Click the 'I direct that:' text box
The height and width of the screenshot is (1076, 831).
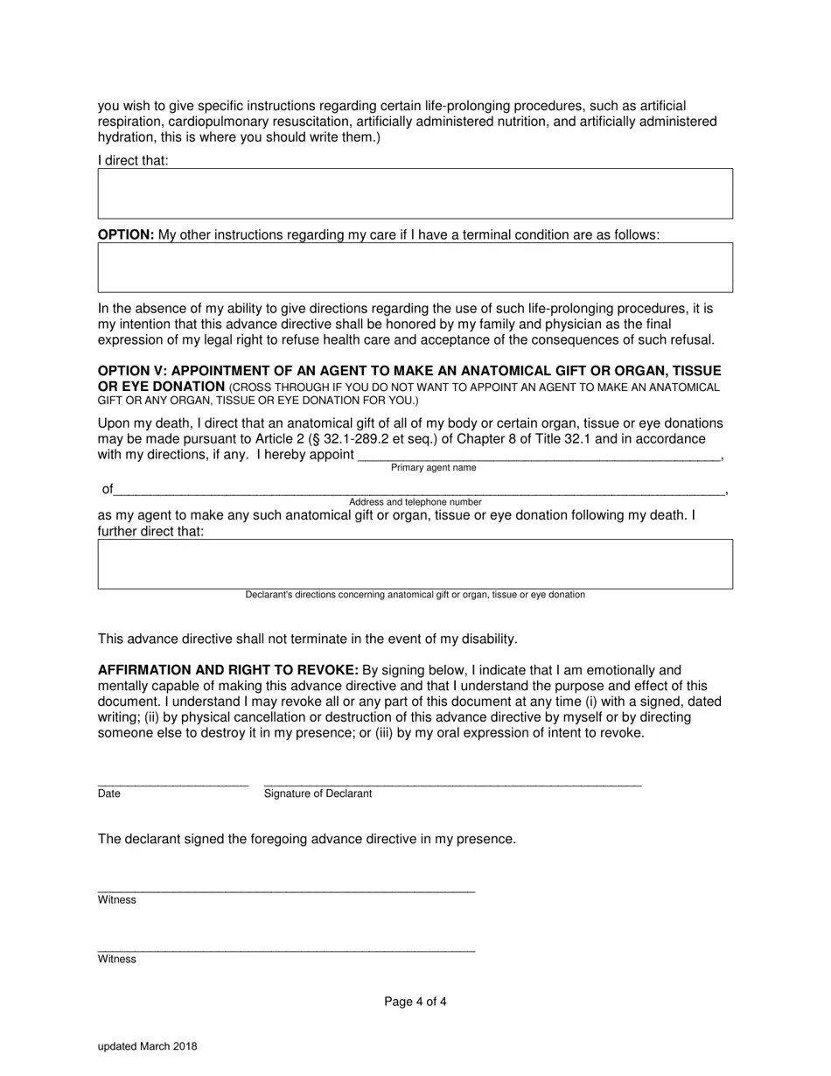tap(415, 193)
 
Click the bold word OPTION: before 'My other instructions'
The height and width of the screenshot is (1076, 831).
tap(126, 234)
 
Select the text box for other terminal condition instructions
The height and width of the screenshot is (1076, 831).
tap(415, 268)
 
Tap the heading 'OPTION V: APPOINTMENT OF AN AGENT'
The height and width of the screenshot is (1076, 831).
tap(409, 371)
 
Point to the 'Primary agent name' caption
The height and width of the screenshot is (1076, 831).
tap(433, 468)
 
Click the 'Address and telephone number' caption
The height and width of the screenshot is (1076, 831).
tap(415, 502)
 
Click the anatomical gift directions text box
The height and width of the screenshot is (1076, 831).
tap(415, 564)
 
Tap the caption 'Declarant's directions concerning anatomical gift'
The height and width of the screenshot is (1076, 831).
tap(415, 595)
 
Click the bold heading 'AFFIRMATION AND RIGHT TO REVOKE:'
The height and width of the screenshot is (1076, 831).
tap(227, 670)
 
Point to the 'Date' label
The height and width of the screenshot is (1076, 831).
tap(109, 793)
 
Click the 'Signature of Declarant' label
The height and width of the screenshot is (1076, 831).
tap(318, 793)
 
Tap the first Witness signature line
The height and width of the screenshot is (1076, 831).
tap(286, 891)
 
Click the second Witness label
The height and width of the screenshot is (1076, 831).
tap(116, 959)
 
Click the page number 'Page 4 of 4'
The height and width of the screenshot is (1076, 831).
tap(415, 1002)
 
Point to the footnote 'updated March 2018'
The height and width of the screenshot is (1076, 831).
tap(147, 1046)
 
